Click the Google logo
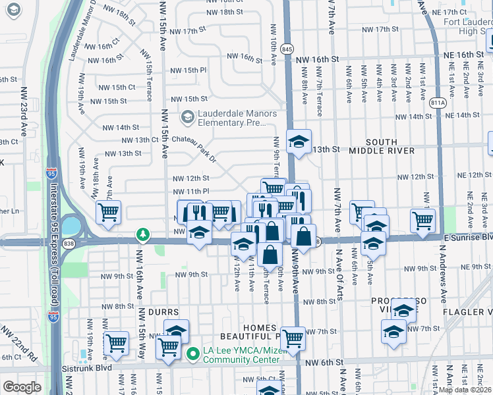pos(22,387)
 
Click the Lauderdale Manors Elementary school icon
pos(188,117)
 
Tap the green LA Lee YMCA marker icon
pos(192,354)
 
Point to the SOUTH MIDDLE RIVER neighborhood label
pos(382,146)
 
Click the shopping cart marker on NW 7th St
pos(293,338)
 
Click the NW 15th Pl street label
pos(186,70)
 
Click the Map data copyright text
pos(465,390)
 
